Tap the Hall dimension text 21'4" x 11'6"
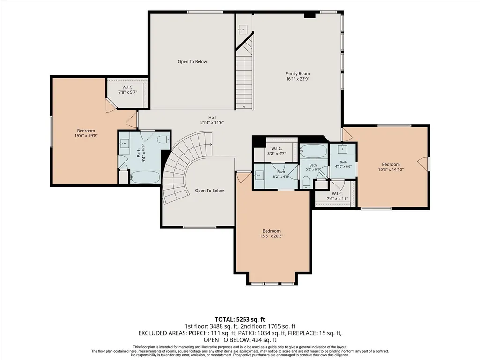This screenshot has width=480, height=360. [x=212, y=123]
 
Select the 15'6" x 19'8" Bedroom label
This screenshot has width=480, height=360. [x=86, y=133]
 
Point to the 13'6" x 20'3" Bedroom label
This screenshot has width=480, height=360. [x=272, y=234]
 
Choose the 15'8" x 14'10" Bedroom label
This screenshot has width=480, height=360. [x=391, y=167]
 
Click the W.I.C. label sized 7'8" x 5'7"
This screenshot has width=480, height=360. [x=128, y=90]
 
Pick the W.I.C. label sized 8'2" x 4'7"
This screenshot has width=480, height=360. [x=276, y=151]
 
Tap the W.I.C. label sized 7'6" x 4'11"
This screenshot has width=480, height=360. [x=337, y=196]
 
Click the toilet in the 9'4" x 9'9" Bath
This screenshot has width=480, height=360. [x=163, y=140]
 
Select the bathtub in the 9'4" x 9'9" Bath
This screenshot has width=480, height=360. [x=145, y=177]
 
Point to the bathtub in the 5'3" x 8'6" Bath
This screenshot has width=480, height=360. [x=313, y=151]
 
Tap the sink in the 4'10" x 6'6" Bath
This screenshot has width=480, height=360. [x=342, y=149]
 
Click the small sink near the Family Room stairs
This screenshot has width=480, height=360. [x=243, y=29]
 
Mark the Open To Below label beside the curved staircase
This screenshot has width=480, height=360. [x=209, y=191]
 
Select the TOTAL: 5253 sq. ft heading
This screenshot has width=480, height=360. [x=240, y=320]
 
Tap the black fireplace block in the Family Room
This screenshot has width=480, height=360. [x=310, y=15]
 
